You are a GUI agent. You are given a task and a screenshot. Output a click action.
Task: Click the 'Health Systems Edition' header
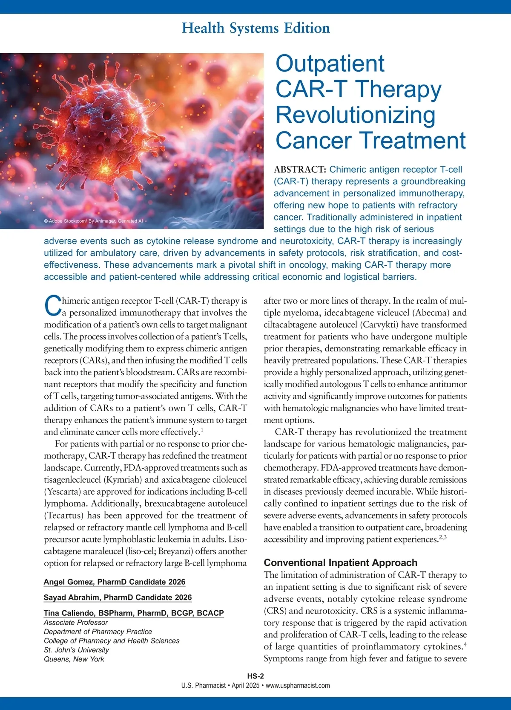[255, 28]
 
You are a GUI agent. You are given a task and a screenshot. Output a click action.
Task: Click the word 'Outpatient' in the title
[330, 64]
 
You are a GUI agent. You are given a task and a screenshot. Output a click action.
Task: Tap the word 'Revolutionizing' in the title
[356, 115]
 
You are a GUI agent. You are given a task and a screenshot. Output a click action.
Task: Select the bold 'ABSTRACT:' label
[300, 170]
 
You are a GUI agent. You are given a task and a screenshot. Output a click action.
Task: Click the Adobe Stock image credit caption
[93, 221]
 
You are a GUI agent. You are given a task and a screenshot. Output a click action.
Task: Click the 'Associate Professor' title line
[76, 623]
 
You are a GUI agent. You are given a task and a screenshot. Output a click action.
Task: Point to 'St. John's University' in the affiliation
[76, 650]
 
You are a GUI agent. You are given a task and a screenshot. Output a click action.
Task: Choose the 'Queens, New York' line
[74, 659]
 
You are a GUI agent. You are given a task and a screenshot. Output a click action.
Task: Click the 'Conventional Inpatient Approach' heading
[341, 563]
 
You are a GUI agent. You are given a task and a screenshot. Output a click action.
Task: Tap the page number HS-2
[255, 676]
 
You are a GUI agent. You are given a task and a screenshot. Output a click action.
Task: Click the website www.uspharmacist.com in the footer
[298, 686]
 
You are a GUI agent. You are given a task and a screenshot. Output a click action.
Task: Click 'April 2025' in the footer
[245, 686]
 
